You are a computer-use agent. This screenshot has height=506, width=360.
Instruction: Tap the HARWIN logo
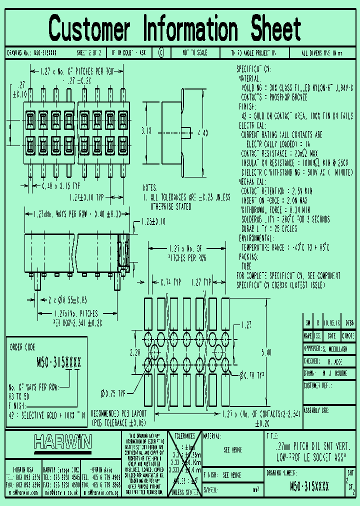tap(62, 441)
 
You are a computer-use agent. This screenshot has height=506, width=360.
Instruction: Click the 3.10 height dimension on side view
tap(146, 131)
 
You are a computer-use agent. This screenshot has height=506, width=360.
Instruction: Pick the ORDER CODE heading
tap(23, 345)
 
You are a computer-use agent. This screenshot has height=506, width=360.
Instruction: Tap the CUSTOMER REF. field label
tap(317, 386)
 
